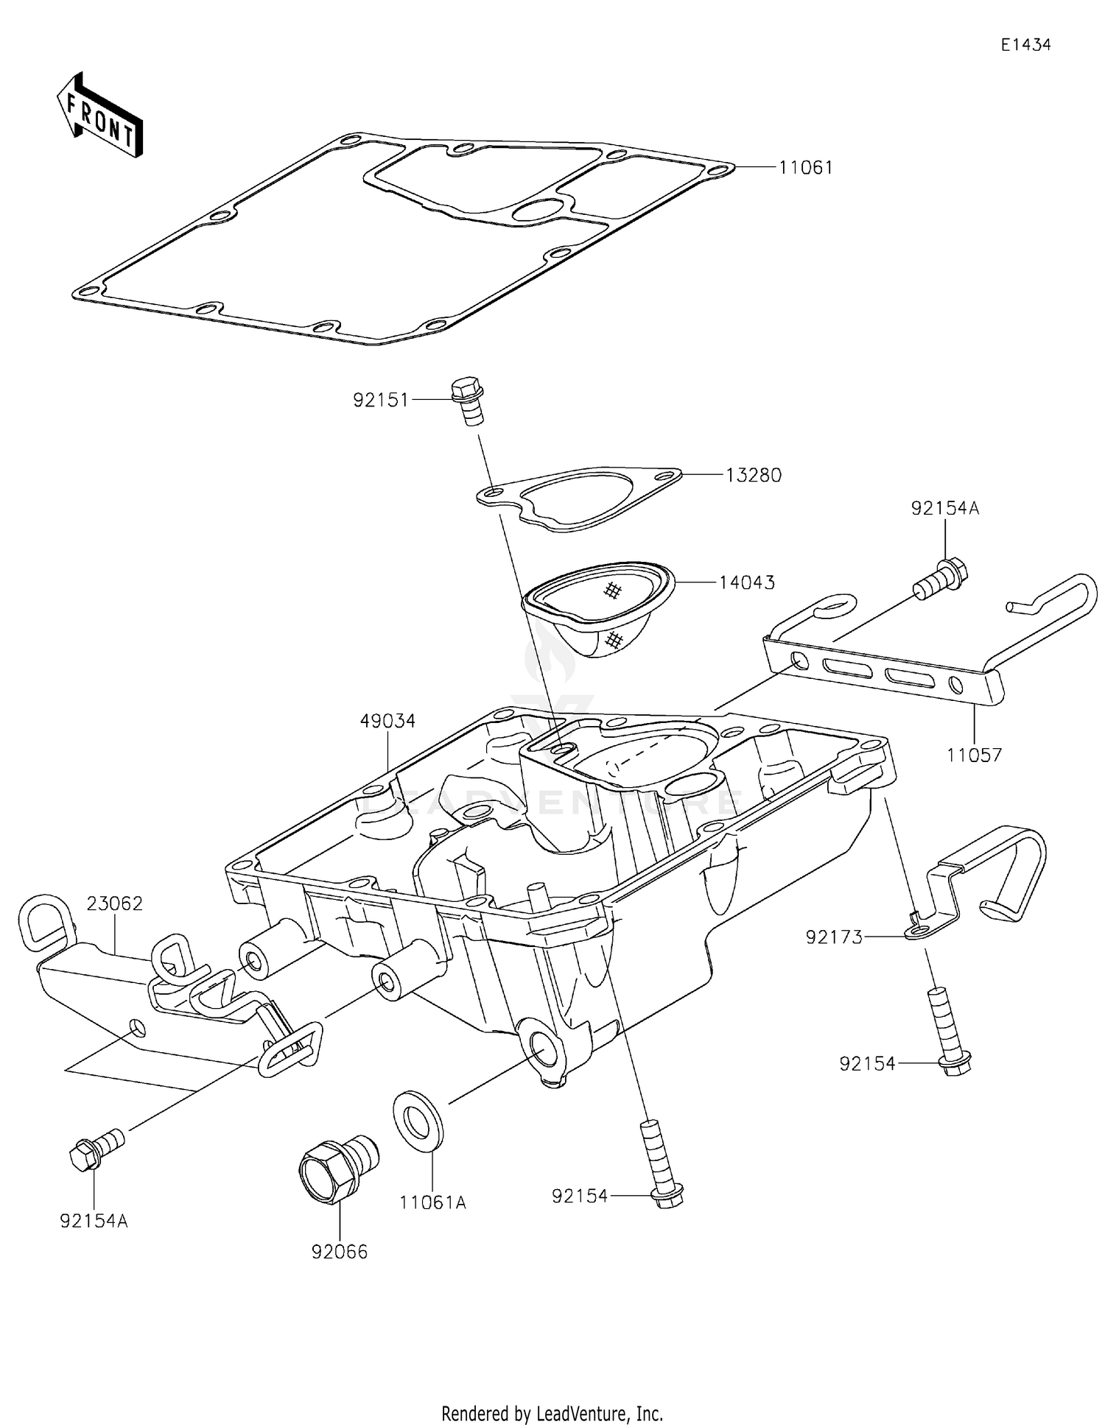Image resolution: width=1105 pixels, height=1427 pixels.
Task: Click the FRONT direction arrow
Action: click(99, 116)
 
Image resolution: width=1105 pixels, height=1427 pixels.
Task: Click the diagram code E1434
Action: click(1025, 45)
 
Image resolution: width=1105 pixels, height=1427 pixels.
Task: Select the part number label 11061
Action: click(806, 168)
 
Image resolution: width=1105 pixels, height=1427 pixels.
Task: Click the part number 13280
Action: click(753, 475)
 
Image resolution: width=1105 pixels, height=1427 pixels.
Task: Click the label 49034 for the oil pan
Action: click(387, 721)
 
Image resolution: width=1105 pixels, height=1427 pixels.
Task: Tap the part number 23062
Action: click(115, 903)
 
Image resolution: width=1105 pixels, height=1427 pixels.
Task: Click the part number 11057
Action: click(974, 755)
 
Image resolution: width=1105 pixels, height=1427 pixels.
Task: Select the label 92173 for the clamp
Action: click(834, 937)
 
